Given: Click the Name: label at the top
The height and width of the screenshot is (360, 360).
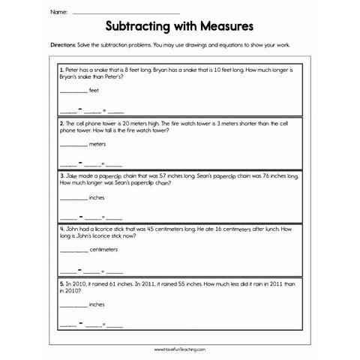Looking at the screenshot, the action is [58, 13].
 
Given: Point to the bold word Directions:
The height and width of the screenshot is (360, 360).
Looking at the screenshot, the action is [62, 46].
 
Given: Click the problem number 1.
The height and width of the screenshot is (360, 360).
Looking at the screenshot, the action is [60, 69].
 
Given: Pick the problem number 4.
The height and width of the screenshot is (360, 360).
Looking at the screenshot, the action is [60, 229].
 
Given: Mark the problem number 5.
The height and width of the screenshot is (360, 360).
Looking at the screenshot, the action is [60, 283].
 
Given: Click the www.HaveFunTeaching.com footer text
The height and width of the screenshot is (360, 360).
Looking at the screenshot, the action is [180, 349].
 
